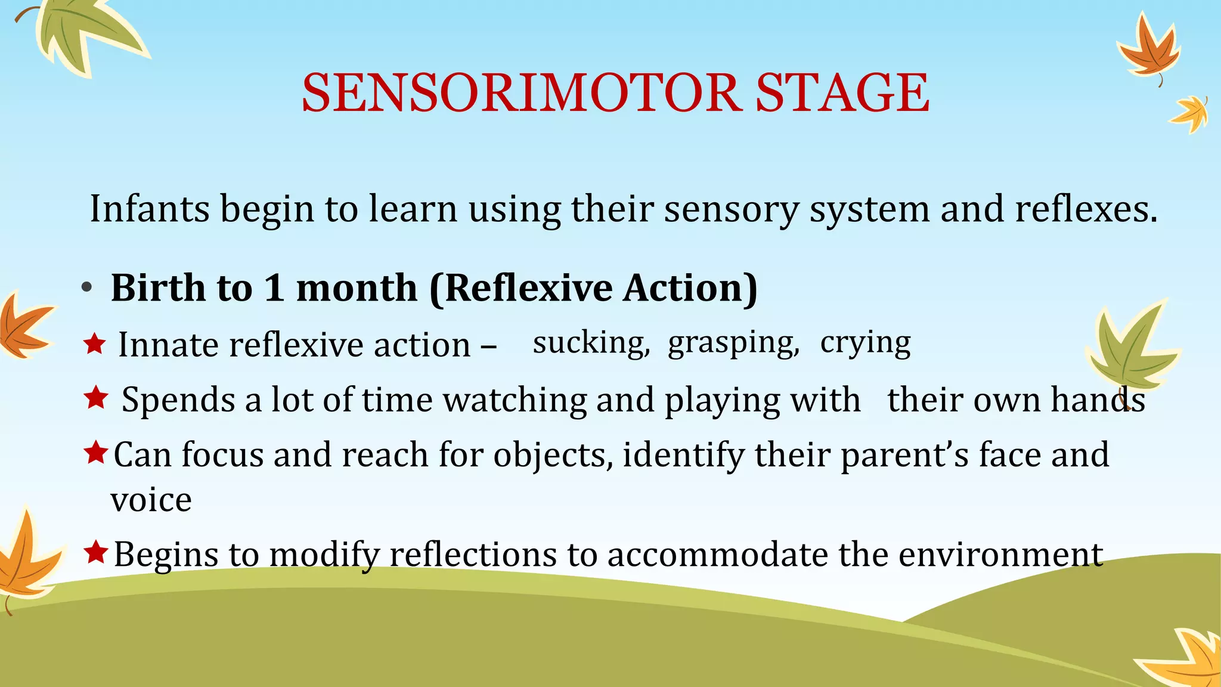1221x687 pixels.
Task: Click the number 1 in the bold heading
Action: pos(274,288)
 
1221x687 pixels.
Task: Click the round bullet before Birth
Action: pos(87,288)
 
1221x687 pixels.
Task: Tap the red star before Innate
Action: pos(95,343)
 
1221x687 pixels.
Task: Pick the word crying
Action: pos(865,343)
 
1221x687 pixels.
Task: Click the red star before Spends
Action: pos(95,397)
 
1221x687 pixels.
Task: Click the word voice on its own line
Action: pos(151,500)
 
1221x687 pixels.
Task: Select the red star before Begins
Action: pos(95,552)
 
